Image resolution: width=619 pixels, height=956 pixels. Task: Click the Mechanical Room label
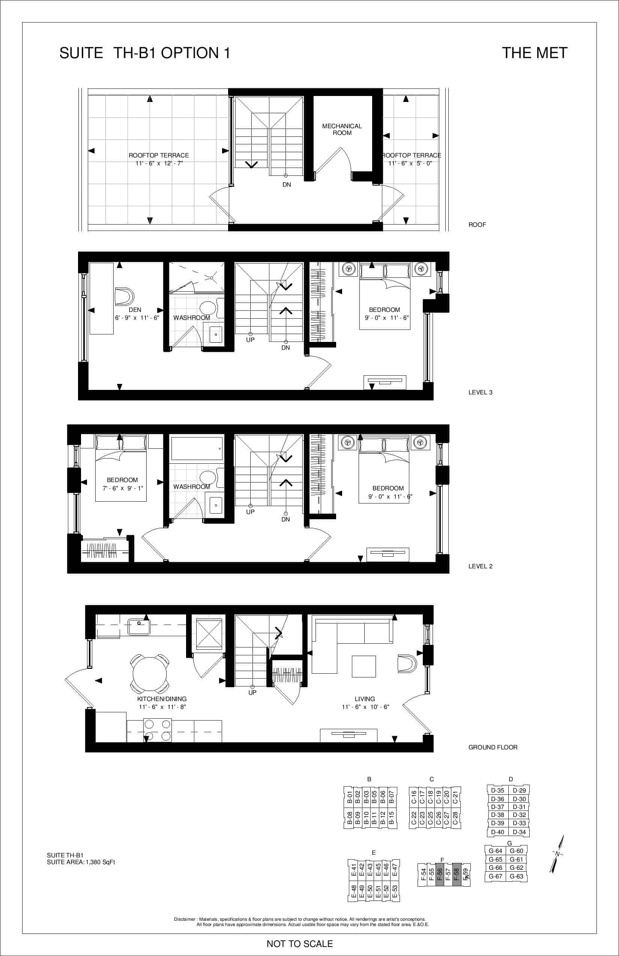(342, 129)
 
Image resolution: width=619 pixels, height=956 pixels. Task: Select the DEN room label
(135, 310)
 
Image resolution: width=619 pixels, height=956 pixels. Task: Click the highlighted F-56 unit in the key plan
(439, 874)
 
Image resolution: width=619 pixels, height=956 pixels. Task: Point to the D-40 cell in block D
(497, 832)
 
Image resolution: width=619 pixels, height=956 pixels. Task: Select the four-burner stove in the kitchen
(158, 730)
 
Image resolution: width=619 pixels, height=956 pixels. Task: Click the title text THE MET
(535, 53)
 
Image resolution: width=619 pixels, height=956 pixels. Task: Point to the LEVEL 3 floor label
(480, 393)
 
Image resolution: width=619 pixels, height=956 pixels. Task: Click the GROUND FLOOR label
(493, 747)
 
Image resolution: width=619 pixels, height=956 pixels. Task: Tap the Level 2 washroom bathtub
(197, 449)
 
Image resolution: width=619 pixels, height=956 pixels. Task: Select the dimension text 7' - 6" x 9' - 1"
(123, 488)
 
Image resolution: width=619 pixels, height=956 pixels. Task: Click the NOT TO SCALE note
(300, 944)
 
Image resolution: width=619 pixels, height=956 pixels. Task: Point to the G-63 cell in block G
(517, 877)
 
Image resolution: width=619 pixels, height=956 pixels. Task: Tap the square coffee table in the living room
(364, 667)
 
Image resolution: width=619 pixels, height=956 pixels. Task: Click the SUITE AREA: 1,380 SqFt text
(81, 862)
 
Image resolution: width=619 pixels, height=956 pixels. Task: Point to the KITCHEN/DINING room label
(162, 699)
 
